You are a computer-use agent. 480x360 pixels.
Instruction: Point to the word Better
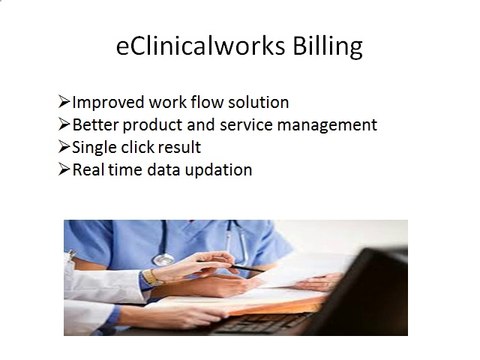[x=98, y=125]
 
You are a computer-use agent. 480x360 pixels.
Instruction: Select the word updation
[x=217, y=170]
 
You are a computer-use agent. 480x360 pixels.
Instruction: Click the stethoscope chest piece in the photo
[x=163, y=259]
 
